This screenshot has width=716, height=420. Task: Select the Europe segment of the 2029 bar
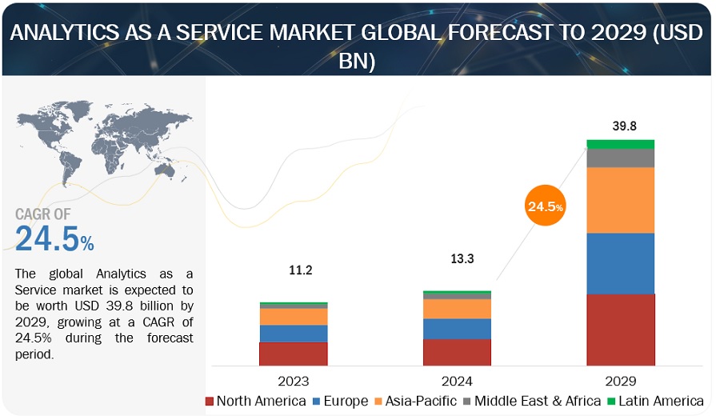tap(620, 263)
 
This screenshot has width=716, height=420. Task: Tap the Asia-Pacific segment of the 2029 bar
tap(620, 200)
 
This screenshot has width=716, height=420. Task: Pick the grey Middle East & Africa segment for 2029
tap(620, 158)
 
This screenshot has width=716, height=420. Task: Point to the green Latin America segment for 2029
tap(620, 144)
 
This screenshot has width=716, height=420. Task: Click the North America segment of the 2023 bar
tap(293, 354)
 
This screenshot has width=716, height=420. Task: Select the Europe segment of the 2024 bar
tap(457, 329)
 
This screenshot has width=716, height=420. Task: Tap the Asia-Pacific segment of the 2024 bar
tap(457, 309)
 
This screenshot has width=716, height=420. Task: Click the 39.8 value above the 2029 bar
tap(621, 126)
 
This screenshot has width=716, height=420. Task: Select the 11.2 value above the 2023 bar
tap(300, 270)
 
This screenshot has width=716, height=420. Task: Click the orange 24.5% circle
tap(545, 206)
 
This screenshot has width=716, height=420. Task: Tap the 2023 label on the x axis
tap(293, 381)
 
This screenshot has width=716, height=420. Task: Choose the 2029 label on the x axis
tap(621, 381)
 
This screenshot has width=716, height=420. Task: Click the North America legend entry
tap(256, 401)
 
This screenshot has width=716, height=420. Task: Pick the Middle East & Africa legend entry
tap(532, 401)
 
